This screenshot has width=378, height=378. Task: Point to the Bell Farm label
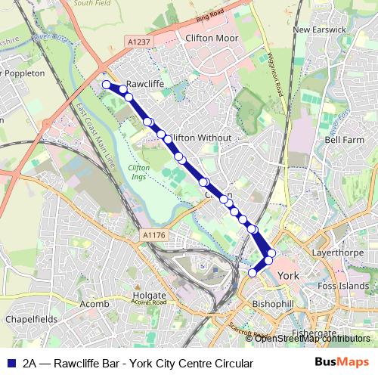pyautogui.click(x=344, y=140)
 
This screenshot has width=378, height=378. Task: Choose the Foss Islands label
pyautogui.click(x=343, y=287)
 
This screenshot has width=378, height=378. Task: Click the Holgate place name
pyautogui.click(x=148, y=294)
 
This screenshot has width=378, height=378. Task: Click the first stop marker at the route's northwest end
pyautogui.click(x=107, y=85)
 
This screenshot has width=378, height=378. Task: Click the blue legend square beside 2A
pyautogui.click(x=11, y=363)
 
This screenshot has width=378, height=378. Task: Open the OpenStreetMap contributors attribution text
pyautogui.click(x=312, y=339)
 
